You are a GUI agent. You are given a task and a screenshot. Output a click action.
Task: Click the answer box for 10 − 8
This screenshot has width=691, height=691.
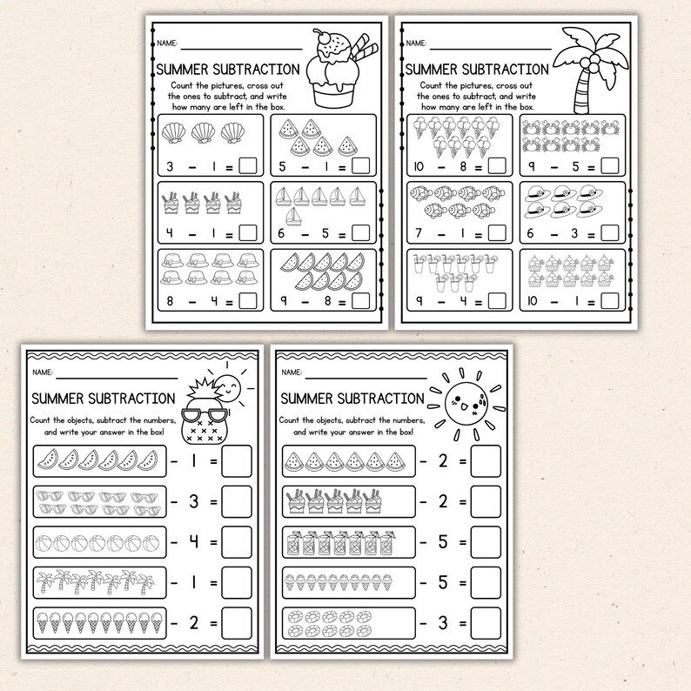pyautogui.click(x=497, y=165)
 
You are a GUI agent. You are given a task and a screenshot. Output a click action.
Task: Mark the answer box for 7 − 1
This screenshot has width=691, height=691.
pyautogui.click(x=497, y=232)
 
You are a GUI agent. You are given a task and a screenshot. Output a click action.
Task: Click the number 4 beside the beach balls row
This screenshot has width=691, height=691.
pyautogui.click(x=194, y=541)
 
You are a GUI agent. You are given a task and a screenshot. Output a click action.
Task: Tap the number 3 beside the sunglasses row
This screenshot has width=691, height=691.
pyautogui.click(x=194, y=501)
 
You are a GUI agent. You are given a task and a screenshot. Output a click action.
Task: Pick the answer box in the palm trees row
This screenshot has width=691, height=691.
pyautogui.click(x=236, y=581)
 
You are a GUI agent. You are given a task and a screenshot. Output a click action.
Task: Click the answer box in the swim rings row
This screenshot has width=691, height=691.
pyautogui.click(x=486, y=623)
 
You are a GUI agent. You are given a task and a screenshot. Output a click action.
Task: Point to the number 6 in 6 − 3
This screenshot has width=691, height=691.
pyautogui.click(x=530, y=232)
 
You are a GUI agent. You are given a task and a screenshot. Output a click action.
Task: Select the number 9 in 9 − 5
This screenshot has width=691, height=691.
pyautogui.click(x=532, y=165)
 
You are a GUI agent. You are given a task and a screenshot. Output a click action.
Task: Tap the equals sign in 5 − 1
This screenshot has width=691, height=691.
pyautogui.click(x=342, y=165)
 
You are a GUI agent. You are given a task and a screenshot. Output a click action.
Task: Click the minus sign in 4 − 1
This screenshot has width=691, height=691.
pyautogui.click(x=198, y=232)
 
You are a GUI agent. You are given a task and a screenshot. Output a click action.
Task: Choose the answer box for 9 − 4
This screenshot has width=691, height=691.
pyautogui.click(x=497, y=300)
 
